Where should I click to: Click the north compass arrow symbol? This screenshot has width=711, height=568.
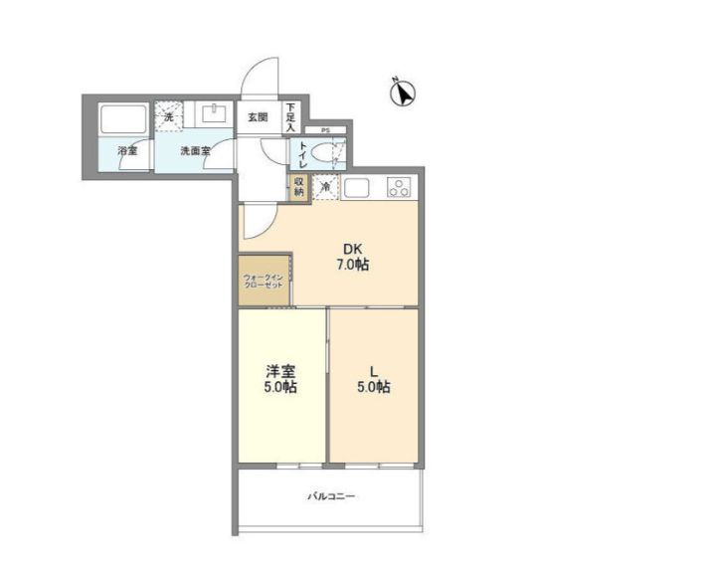[x=402, y=93]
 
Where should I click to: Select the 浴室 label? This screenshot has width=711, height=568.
[x=126, y=151]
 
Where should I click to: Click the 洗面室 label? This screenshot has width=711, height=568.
[x=195, y=151]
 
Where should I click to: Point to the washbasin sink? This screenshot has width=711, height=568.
[x=213, y=112]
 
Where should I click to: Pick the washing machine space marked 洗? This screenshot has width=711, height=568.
[x=168, y=115]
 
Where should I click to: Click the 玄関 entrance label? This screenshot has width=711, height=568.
[x=258, y=116]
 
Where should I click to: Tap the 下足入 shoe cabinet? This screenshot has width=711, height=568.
[x=291, y=117]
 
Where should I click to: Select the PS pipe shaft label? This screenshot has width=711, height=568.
[x=325, y=130]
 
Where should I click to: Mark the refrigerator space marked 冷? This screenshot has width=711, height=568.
[x=325, y=187]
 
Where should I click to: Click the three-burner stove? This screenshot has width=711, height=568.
[x=400, y=186]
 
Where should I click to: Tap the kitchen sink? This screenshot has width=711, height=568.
[x=358, y=186]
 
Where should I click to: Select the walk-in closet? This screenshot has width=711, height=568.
[x=265, y=282]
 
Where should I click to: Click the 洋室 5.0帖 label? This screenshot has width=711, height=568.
[x=280, y=380]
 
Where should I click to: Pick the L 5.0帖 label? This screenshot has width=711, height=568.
[x=374, y=380]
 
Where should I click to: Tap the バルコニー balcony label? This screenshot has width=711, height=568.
[x=330, y=495]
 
